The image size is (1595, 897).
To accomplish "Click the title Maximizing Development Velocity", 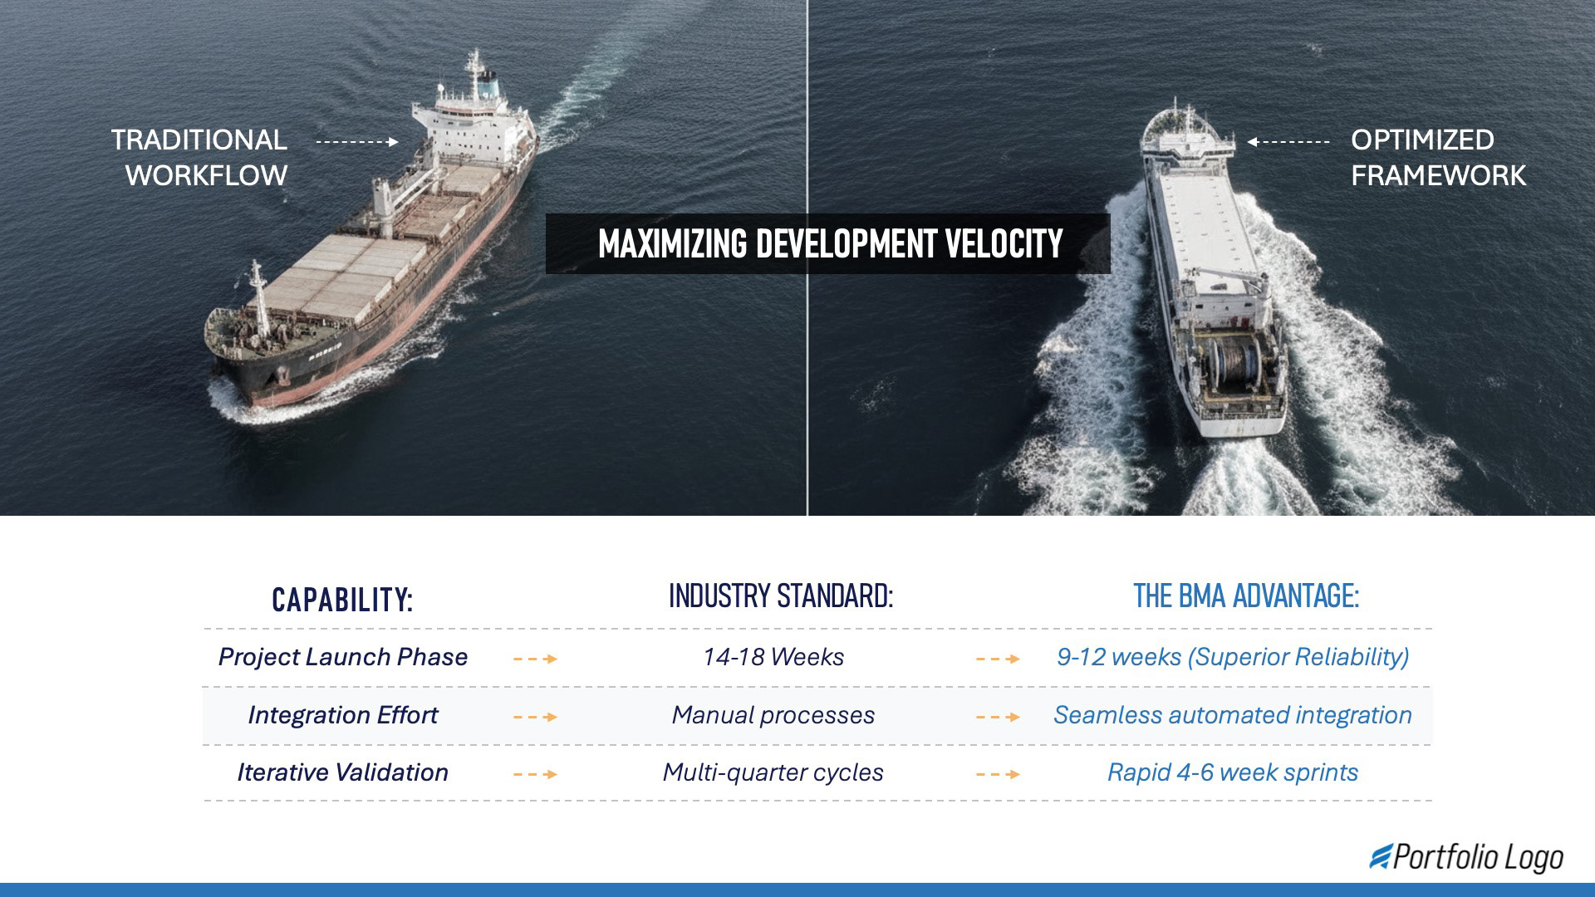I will [829, 244].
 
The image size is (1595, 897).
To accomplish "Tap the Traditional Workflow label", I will [200, 158].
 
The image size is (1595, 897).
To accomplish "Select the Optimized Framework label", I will [1437, 158].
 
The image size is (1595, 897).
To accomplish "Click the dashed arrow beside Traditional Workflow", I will [357, 142].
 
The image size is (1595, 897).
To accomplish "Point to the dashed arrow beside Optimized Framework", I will [1288, 142].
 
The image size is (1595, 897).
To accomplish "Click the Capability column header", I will [342, 600].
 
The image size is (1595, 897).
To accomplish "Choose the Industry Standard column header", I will [781, 596].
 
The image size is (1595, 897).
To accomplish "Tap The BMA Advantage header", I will [1246, 596].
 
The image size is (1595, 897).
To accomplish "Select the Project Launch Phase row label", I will [342, 657].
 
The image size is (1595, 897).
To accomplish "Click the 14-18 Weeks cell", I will [773, 657].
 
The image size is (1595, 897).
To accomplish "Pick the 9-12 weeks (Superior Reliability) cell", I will [1233, 657].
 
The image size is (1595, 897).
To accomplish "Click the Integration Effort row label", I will [342, 715].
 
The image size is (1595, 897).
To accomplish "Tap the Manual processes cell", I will [773, 715].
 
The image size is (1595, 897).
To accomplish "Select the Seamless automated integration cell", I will [1233, 715].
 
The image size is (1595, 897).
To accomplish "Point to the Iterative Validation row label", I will [342, 772].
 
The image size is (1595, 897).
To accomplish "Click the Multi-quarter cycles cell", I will [773, 772].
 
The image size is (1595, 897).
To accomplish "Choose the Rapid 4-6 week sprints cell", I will [1233, 772].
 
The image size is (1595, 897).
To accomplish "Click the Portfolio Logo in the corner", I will [1467, 857].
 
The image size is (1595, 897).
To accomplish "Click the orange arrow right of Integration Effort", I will [536, 717].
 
